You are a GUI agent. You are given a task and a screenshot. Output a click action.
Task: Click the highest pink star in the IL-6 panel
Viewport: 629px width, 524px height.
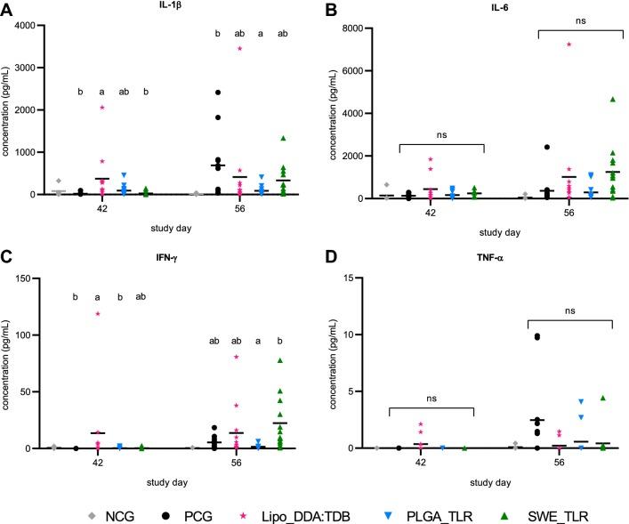[569, 44]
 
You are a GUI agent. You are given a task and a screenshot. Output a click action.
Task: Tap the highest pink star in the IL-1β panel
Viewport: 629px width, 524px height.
[239, 48]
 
